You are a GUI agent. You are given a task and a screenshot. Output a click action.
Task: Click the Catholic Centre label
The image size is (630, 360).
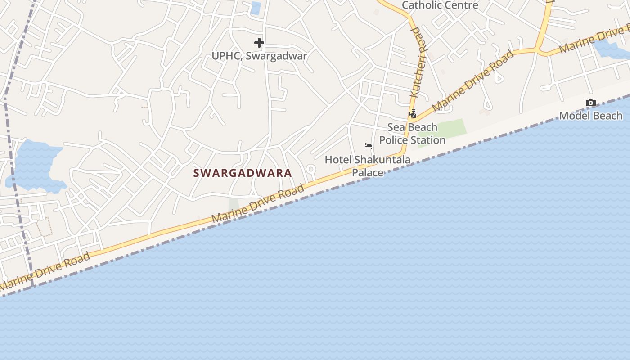point(440,5)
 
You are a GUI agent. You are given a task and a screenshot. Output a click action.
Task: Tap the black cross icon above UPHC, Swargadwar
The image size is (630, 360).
point(259,43)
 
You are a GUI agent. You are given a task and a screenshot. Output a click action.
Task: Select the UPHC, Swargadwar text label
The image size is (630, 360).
point(260,56)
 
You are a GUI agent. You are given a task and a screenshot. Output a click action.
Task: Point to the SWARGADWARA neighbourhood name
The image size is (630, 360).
point(243,173)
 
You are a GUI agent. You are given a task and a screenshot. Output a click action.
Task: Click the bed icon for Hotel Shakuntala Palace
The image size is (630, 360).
point(368,146)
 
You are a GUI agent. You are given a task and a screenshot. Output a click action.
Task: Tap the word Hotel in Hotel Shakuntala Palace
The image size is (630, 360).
point(338,160)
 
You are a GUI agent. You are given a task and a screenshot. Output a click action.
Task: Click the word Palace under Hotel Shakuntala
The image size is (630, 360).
point(368,172)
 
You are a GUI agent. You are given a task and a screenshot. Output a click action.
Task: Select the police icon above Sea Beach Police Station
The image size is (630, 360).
point(412,114)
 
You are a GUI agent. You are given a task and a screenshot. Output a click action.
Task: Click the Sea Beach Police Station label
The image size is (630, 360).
point(412,134)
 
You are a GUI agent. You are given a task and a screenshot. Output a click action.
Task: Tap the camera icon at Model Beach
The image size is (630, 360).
point(591,103)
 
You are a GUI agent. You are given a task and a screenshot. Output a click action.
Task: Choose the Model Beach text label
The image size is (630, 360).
point(591,116)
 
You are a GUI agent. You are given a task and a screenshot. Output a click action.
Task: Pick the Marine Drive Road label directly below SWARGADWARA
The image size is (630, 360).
point(258,206)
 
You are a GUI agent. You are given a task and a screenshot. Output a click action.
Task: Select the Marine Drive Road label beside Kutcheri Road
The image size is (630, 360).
point(473,81)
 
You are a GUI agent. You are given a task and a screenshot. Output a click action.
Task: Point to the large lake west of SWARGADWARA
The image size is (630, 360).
point(34,164)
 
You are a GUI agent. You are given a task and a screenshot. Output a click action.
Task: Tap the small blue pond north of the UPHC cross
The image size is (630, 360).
point(256,8)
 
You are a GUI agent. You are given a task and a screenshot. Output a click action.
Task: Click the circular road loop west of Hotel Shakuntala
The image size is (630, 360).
point(310,170)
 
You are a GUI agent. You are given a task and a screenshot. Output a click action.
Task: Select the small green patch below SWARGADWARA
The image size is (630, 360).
point(234,205)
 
